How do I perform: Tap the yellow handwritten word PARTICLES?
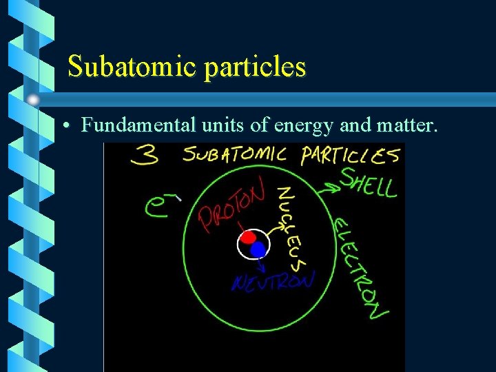[x=350, y=156]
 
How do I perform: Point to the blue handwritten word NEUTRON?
[x=273, y=282]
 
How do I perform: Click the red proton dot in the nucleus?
[x=249, y=240]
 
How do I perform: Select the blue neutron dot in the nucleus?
[x=258, y=249]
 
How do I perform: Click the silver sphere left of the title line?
[x=33, y=99]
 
